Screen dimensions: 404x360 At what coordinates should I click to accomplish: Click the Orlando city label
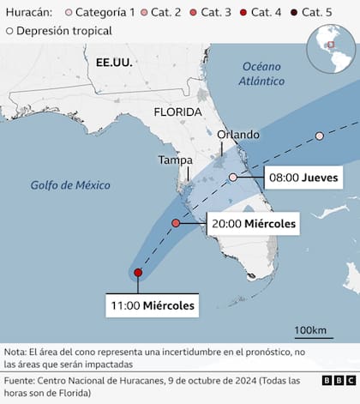tap(237, 135)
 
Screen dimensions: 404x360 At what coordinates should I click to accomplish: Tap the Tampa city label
tap(176, 160)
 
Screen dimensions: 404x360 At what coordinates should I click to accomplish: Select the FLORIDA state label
tap(178, 112)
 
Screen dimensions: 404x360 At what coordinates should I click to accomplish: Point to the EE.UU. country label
tap(113, 63)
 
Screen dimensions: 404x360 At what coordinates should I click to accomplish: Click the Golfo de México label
tap(66, 184)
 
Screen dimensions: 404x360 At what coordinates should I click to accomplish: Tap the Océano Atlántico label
tap(262, 74)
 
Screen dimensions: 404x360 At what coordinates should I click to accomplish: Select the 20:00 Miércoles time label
tap(253, 225)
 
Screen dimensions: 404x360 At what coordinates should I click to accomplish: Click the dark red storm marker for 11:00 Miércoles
tap(138, 274)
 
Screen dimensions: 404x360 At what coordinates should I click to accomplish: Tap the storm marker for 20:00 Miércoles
tap(176, 223)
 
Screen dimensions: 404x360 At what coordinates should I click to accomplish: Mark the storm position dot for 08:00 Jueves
tap(232, 178)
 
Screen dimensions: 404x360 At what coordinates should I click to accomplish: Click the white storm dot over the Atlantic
tap(319, 136)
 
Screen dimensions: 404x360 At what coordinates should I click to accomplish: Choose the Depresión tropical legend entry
tap(59, 31)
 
